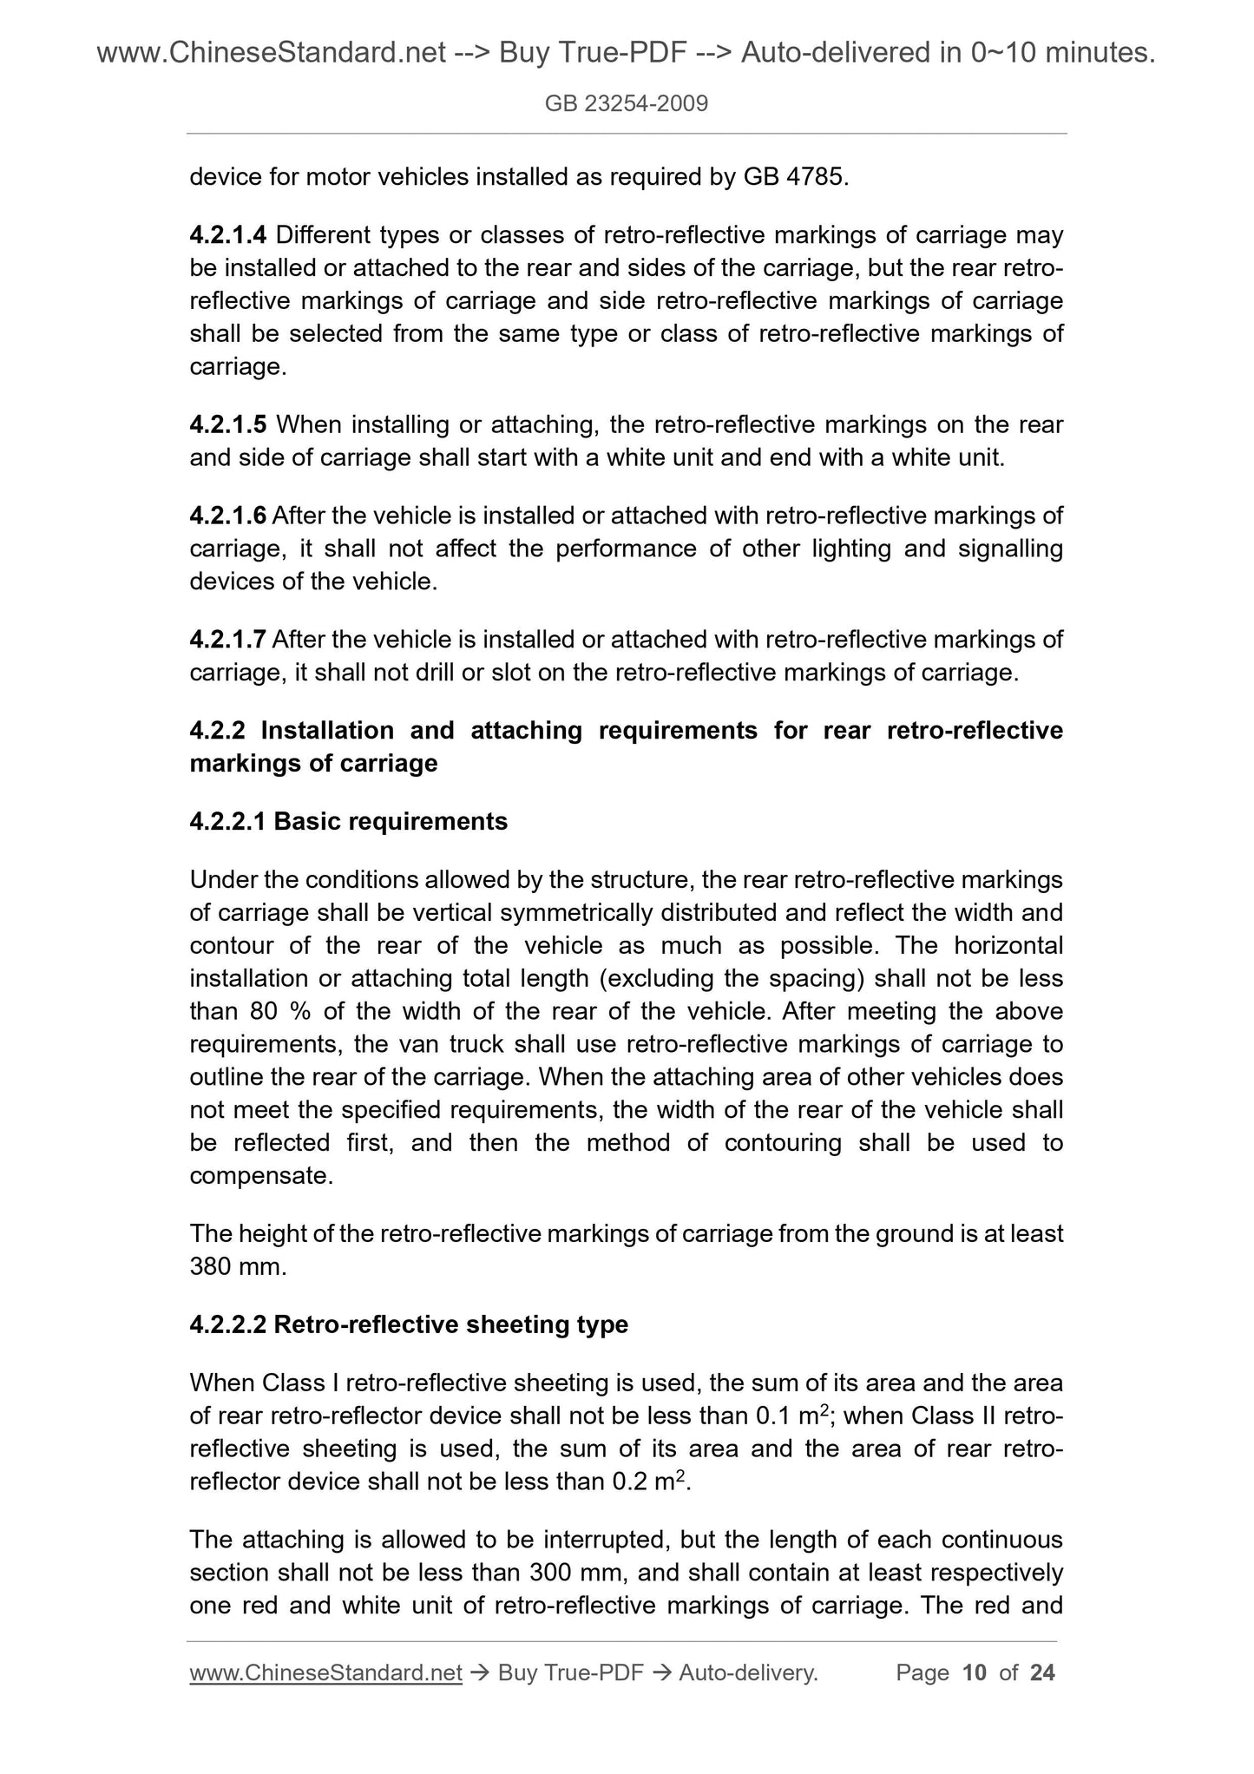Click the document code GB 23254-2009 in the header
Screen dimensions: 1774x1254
click(627, 104)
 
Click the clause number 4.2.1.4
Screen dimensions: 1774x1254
click(228, 235)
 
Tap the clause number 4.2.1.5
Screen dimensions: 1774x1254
click(228, 425)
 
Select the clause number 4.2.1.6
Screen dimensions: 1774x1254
click(228, 516)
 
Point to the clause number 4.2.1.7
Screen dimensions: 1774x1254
click(228, 641)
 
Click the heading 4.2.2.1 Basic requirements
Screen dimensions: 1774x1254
click(348, 821)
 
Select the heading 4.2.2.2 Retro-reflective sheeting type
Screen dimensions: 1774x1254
click(409, 1325)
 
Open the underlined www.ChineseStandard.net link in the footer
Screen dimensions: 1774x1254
click(325, 1672)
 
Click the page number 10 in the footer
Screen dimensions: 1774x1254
click(975, 1672)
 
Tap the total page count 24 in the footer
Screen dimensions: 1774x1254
click(1042, 1672)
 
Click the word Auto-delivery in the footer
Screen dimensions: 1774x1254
click(747, 1672)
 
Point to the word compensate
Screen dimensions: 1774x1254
click(260, 1177)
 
